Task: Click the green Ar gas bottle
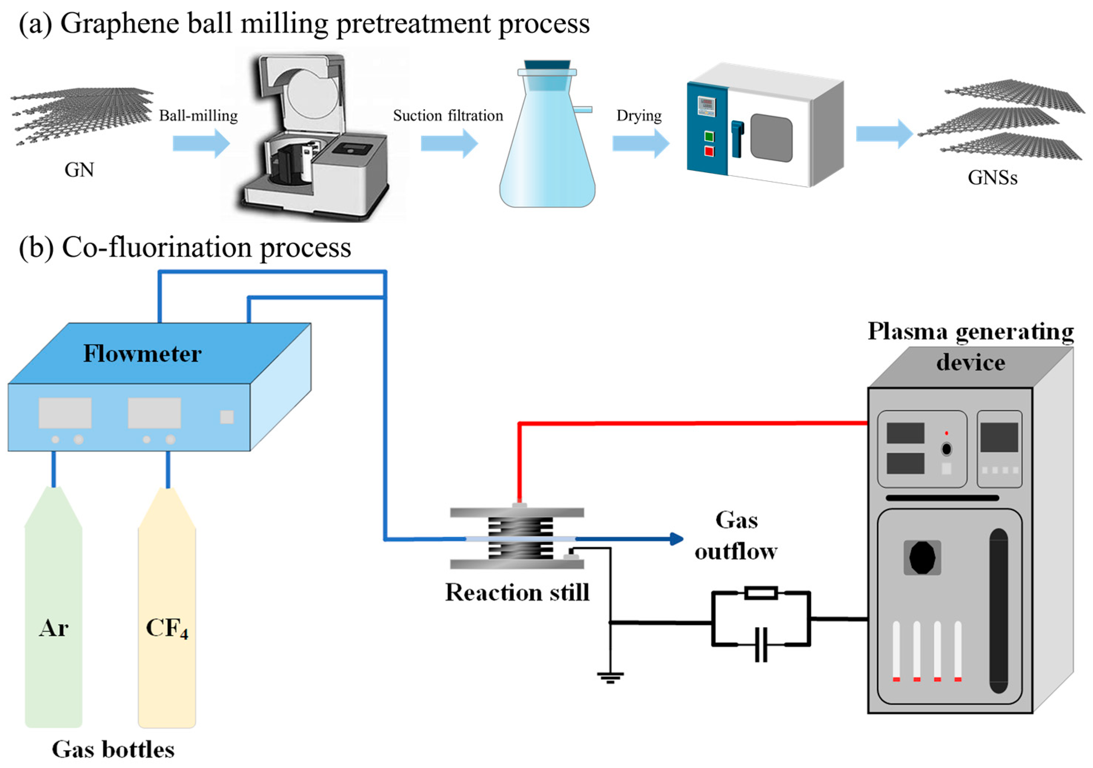pyautogui.click(x=53, y=619)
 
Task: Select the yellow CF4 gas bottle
pyautogui.click(x=167, y=619)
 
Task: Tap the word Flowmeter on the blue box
pyautogui.click(x=142, y=354)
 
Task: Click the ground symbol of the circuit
pyautogui.click(x=610, y=677)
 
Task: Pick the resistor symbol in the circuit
pyautogui.click(x=761, y=593)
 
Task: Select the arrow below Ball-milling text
pyautogui.click(x=201, y=143)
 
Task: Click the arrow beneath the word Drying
pyautogui.click(x=640, y=143)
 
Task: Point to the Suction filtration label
pyautogui.click(x=448, y=116)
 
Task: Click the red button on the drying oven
pyautogui.click(x=709, y=152)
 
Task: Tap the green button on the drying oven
pyautogui.click(x=709, y=137)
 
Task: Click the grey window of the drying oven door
pyautogui.click(x=771, y=137)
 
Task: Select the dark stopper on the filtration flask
pyautogui.click(x=547, y=65)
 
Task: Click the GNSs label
pyautogui.click(x=993, y=177)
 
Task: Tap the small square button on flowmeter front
pyautogui.click(x=227, y=417)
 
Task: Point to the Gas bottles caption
pyautogui.click(x=113, y=749)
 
